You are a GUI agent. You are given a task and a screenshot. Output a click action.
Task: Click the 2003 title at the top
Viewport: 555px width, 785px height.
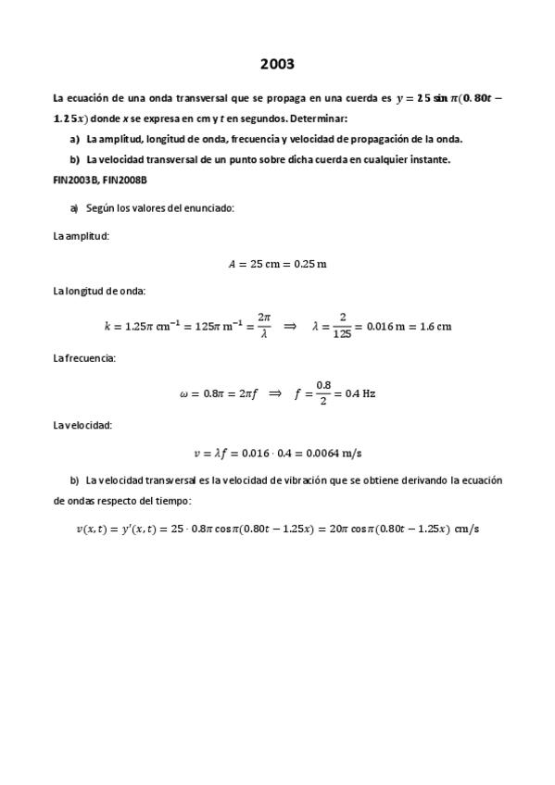[x=277, y=64]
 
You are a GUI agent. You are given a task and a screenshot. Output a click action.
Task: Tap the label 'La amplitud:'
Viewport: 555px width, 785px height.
[x=82, y=236]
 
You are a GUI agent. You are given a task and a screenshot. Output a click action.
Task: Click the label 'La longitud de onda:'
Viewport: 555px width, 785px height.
[x=99, y=292]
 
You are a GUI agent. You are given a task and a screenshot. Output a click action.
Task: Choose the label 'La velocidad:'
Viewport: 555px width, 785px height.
[x=82, y=425]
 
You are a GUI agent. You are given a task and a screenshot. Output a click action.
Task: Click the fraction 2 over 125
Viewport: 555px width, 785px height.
[x=343, y=325]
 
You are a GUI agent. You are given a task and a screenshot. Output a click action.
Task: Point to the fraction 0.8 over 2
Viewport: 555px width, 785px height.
[x=323, y=392]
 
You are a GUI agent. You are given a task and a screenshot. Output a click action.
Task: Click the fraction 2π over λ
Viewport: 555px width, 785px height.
[x=264, y=325]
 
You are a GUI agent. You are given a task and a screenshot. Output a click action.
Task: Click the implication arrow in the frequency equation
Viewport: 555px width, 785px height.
[x=275, y=392]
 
